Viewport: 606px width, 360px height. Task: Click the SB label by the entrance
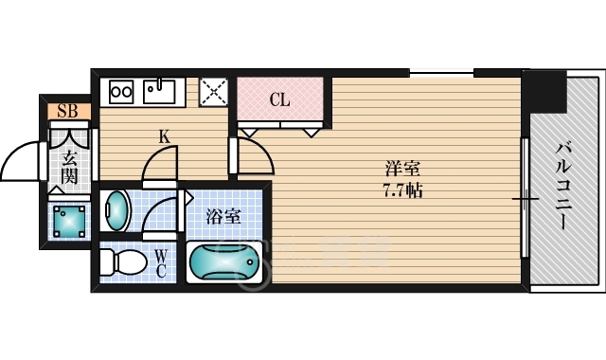click(66, 112)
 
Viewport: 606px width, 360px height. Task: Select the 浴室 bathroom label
click(223, 216)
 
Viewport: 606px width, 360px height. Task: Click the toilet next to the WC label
click(123, 261)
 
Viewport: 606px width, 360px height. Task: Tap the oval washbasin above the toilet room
click(116, 210)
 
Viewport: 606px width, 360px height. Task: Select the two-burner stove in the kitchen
click(121, 92)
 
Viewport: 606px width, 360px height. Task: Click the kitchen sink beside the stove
click(159, 92)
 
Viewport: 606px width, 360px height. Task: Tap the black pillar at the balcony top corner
click(544, 91)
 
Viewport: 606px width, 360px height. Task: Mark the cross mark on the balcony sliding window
click(524, 200)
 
